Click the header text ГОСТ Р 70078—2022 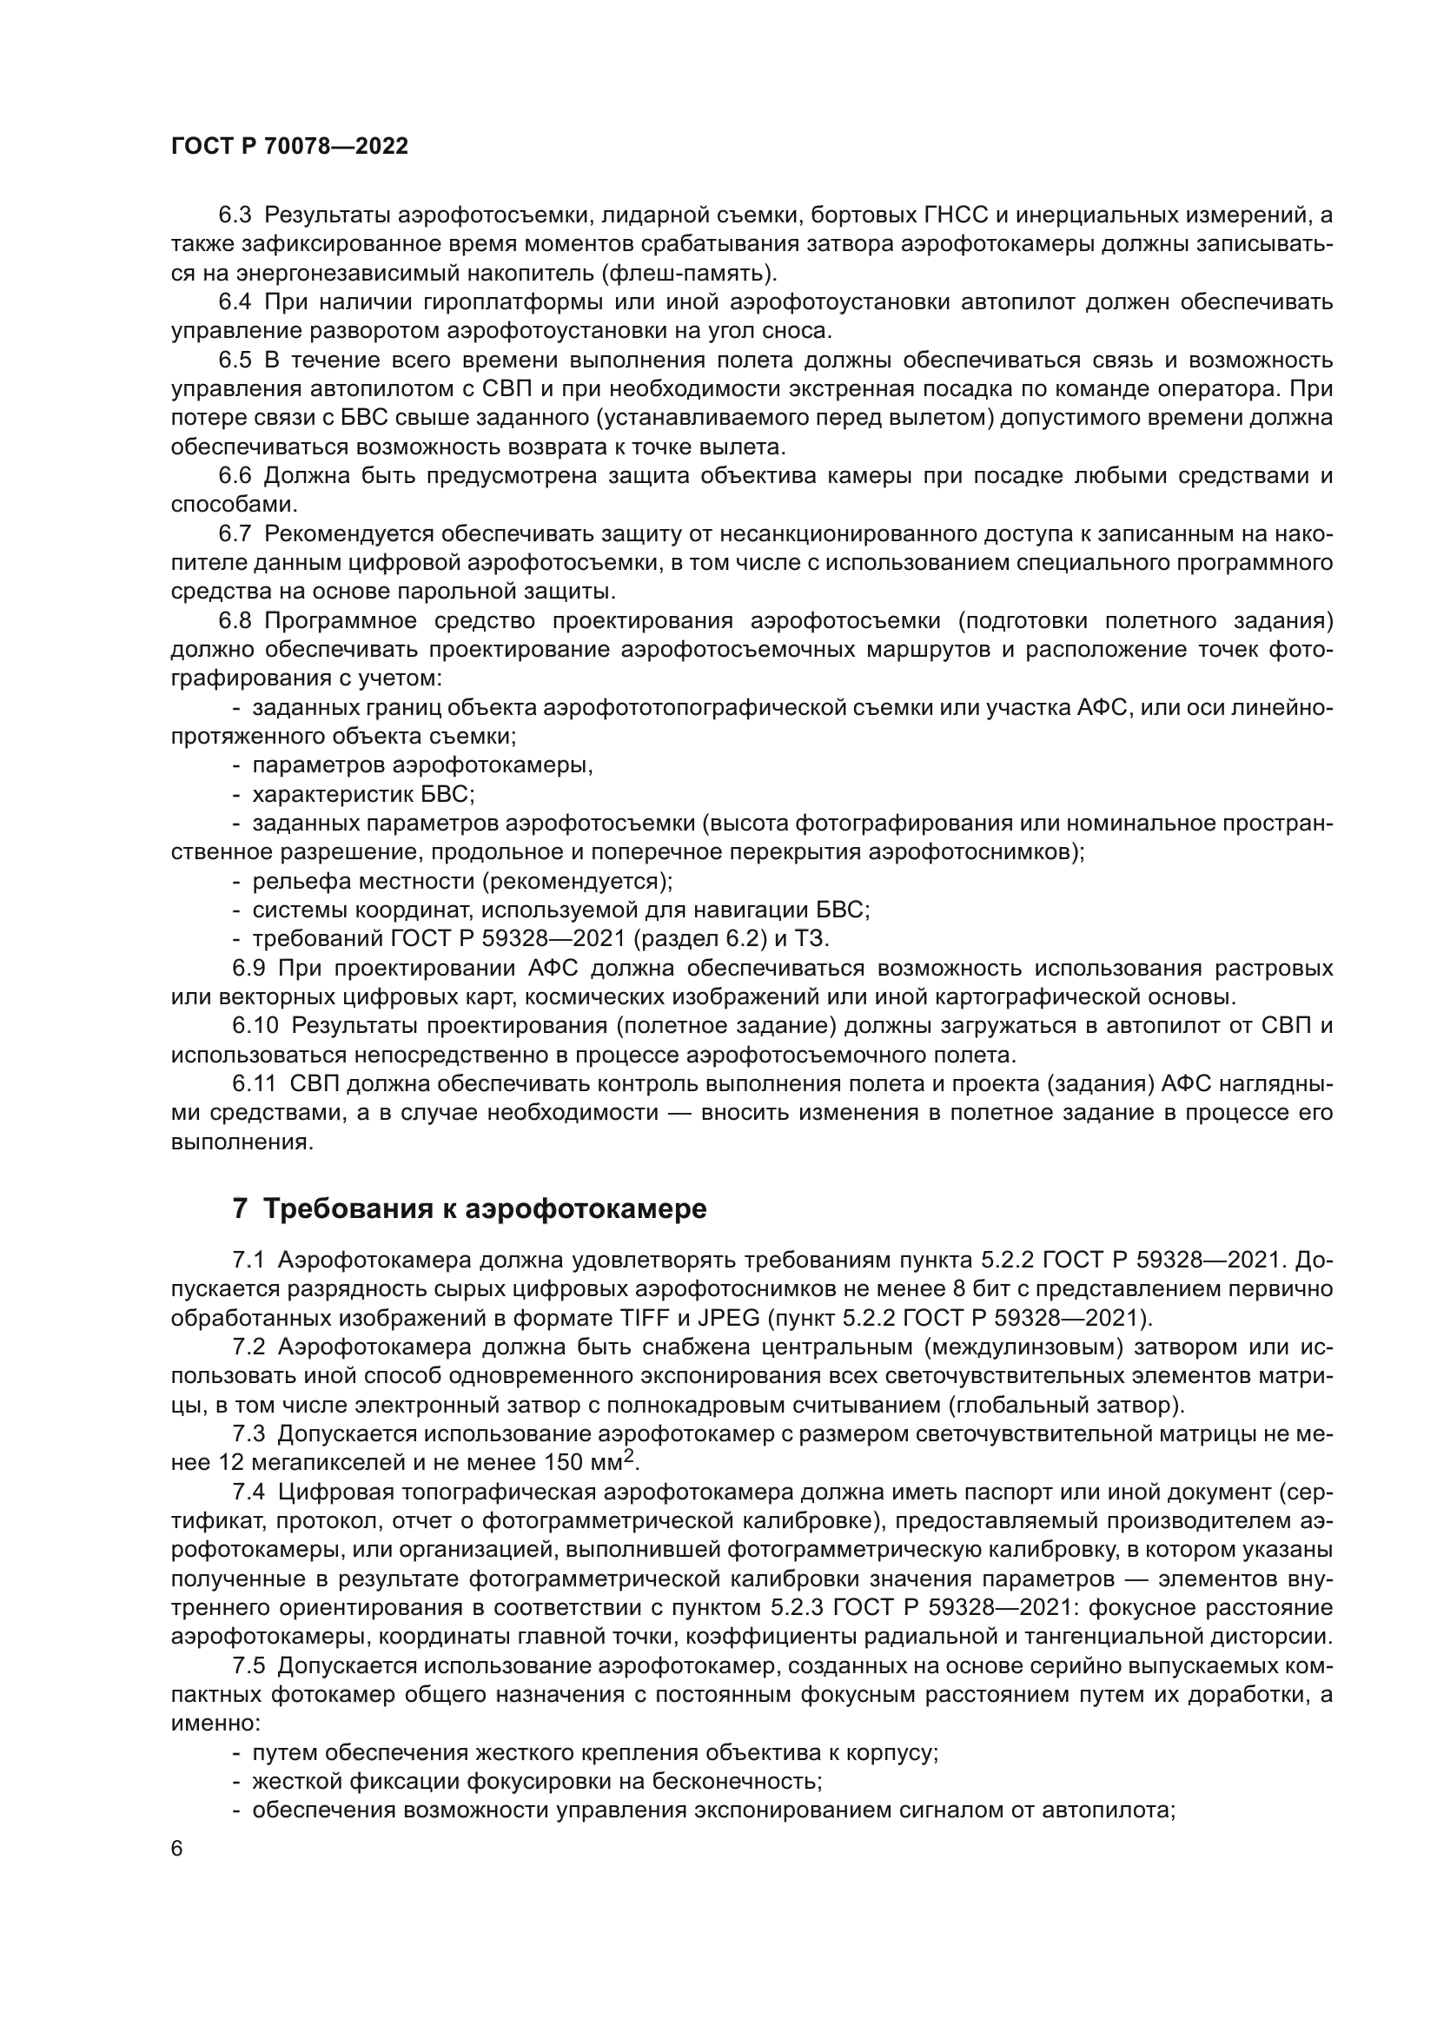(289, 147)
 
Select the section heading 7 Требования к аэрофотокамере (469, 1208)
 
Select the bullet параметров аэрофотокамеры (422, 764)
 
